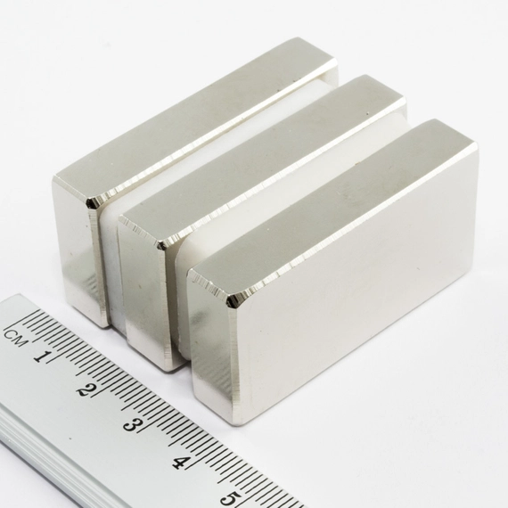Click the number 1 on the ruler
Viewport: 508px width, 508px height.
coord(42,356)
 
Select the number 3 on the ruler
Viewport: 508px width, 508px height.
coord(132,424)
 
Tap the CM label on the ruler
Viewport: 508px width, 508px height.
coord(14,338)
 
